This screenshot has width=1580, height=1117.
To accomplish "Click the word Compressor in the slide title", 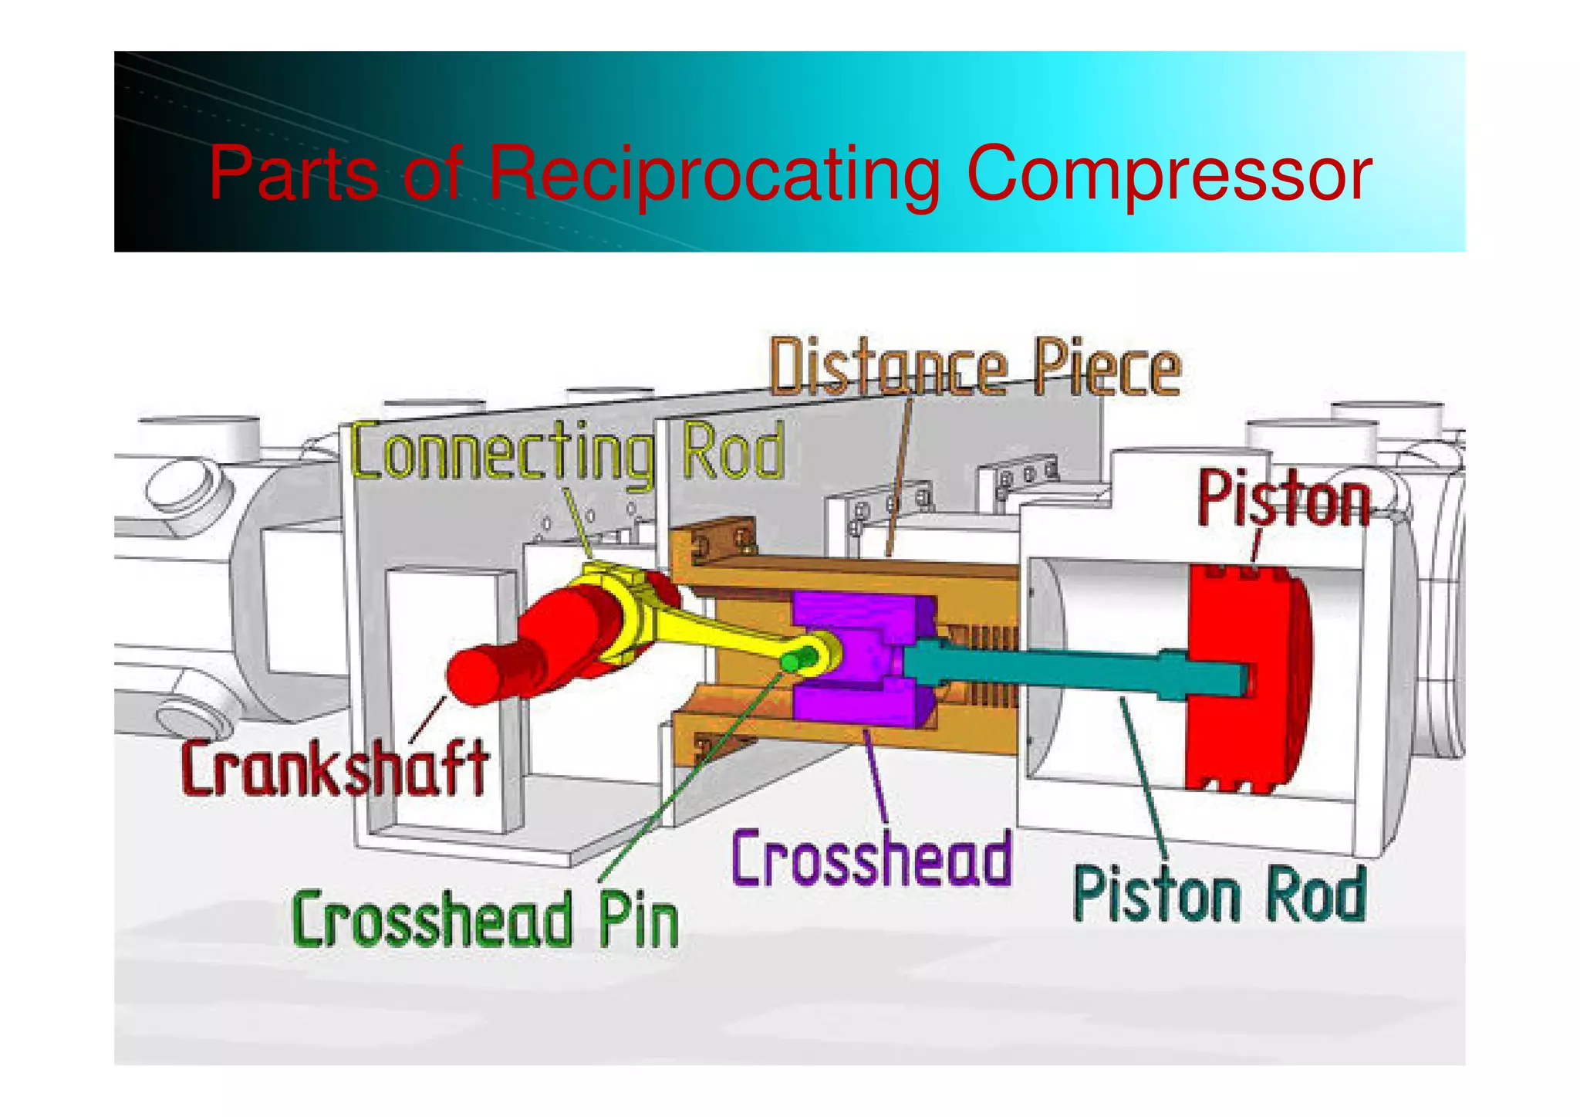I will point(1168,174).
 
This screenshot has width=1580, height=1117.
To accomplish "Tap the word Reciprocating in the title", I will point(714,174).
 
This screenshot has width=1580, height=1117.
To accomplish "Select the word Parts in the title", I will point(293,174).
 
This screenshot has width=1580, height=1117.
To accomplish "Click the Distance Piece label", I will point(975,367).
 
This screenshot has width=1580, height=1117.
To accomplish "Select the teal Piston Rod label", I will point(1220,894).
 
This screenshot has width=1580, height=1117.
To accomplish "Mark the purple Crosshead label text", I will point(871,858).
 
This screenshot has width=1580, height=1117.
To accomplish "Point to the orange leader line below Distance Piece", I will point(899,479).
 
